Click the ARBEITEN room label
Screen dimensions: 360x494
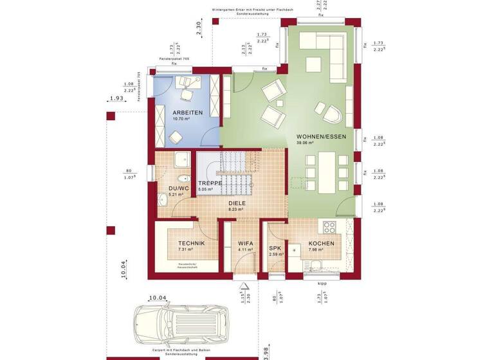click(x=187, y=113)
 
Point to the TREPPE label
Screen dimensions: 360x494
click(x=210, y=183)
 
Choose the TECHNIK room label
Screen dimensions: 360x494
click(x=191, y=243)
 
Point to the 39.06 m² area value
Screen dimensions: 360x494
click(x=305, y=143)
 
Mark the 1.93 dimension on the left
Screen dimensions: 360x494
click(x=116, y=98)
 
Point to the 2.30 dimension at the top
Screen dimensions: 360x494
click(x=199, y=28)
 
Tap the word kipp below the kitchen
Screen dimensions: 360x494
click(x=321, y=282)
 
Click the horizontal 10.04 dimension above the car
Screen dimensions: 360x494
click(x=158, y=298)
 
